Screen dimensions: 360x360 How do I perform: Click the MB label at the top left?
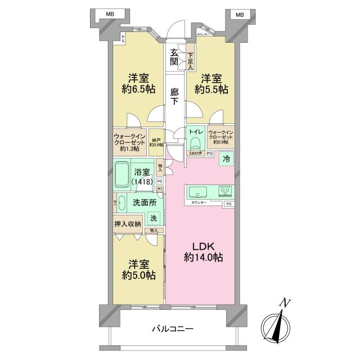106,15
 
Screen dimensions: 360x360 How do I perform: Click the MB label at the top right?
240,15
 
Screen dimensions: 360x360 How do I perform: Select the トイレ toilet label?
195,132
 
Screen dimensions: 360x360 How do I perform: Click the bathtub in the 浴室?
124,175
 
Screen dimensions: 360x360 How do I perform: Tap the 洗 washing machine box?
154,218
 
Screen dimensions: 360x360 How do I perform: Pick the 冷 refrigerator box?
226,159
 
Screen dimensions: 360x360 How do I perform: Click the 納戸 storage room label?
156,142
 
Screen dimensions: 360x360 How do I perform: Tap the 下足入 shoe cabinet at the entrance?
191,60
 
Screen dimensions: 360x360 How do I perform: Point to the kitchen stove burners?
225,190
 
